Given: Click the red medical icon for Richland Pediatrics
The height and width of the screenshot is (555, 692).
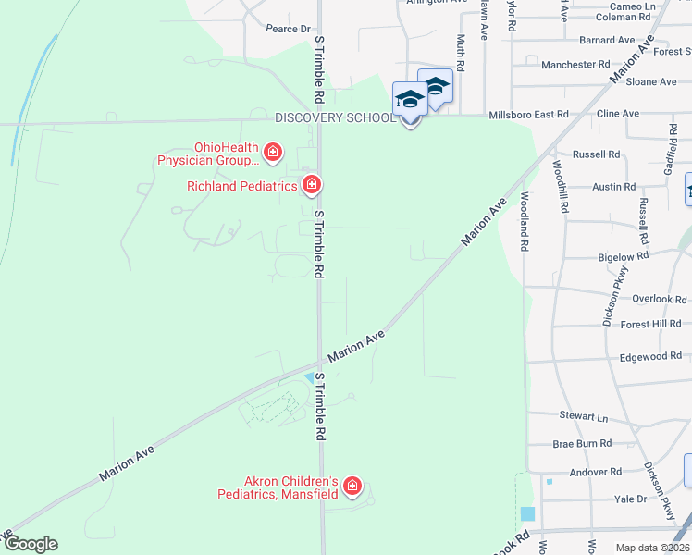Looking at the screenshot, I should [x=313, y=185].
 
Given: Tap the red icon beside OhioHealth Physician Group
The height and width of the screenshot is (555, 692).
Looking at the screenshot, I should [x=273, y=151].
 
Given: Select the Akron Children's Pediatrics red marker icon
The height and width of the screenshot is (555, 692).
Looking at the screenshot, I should [x=352, y=486].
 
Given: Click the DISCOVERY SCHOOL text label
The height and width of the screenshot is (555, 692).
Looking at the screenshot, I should [x=335, y=117].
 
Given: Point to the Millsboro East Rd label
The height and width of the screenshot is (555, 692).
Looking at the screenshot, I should [x=528, y=114].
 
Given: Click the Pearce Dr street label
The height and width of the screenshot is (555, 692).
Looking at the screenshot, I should [x=288, y=29].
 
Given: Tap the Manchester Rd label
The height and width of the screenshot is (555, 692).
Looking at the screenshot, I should [x=575, y=65].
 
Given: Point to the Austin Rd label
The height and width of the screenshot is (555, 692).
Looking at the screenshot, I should [x=613, y=187].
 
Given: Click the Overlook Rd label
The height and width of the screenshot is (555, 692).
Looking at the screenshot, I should [x=660, y=299].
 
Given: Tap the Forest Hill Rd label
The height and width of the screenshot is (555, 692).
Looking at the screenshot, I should [x=650, y=324].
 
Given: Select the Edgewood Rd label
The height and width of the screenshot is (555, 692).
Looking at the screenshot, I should [x=650, y=356].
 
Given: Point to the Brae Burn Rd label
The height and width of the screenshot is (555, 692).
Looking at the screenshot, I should [x=582, y=444].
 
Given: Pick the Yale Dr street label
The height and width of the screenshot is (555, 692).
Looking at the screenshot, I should [x=635, y=499].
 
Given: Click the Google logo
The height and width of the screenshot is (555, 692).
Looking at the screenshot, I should [x=30, y=544].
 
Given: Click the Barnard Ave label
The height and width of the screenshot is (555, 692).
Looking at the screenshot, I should [x=607, y=41].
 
